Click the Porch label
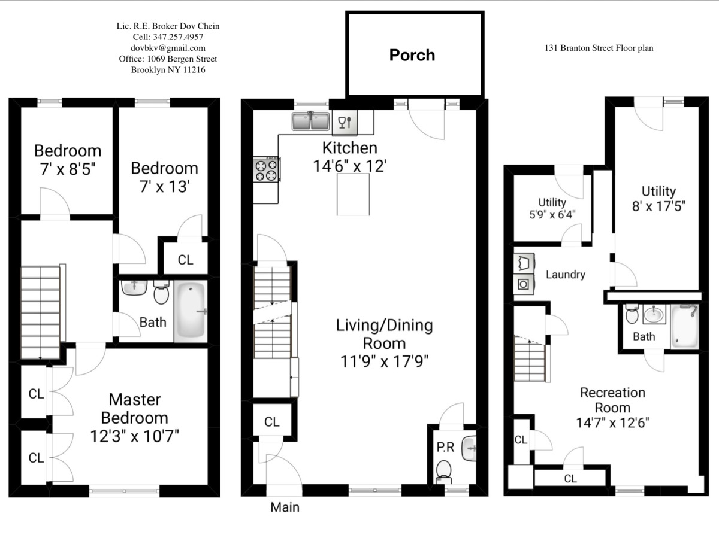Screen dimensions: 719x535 pos(412,55)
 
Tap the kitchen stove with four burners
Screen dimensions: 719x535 pos(267,169)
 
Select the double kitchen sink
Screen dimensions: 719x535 pos(311,121)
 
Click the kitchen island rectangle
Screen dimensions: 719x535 pos(357,196)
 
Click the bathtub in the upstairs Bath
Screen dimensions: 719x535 pos(191,312)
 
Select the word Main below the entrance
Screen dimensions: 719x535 pos(285,507)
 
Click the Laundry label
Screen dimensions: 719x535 pos(565,275)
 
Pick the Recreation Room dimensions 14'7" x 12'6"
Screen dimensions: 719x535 pos(612,422)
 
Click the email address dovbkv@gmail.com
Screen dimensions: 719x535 pos(168,48)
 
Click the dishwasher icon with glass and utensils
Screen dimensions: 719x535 pos(345,123)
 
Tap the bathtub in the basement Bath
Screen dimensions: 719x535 pos(684,327)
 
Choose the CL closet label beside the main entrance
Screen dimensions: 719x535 pos(272,422)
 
